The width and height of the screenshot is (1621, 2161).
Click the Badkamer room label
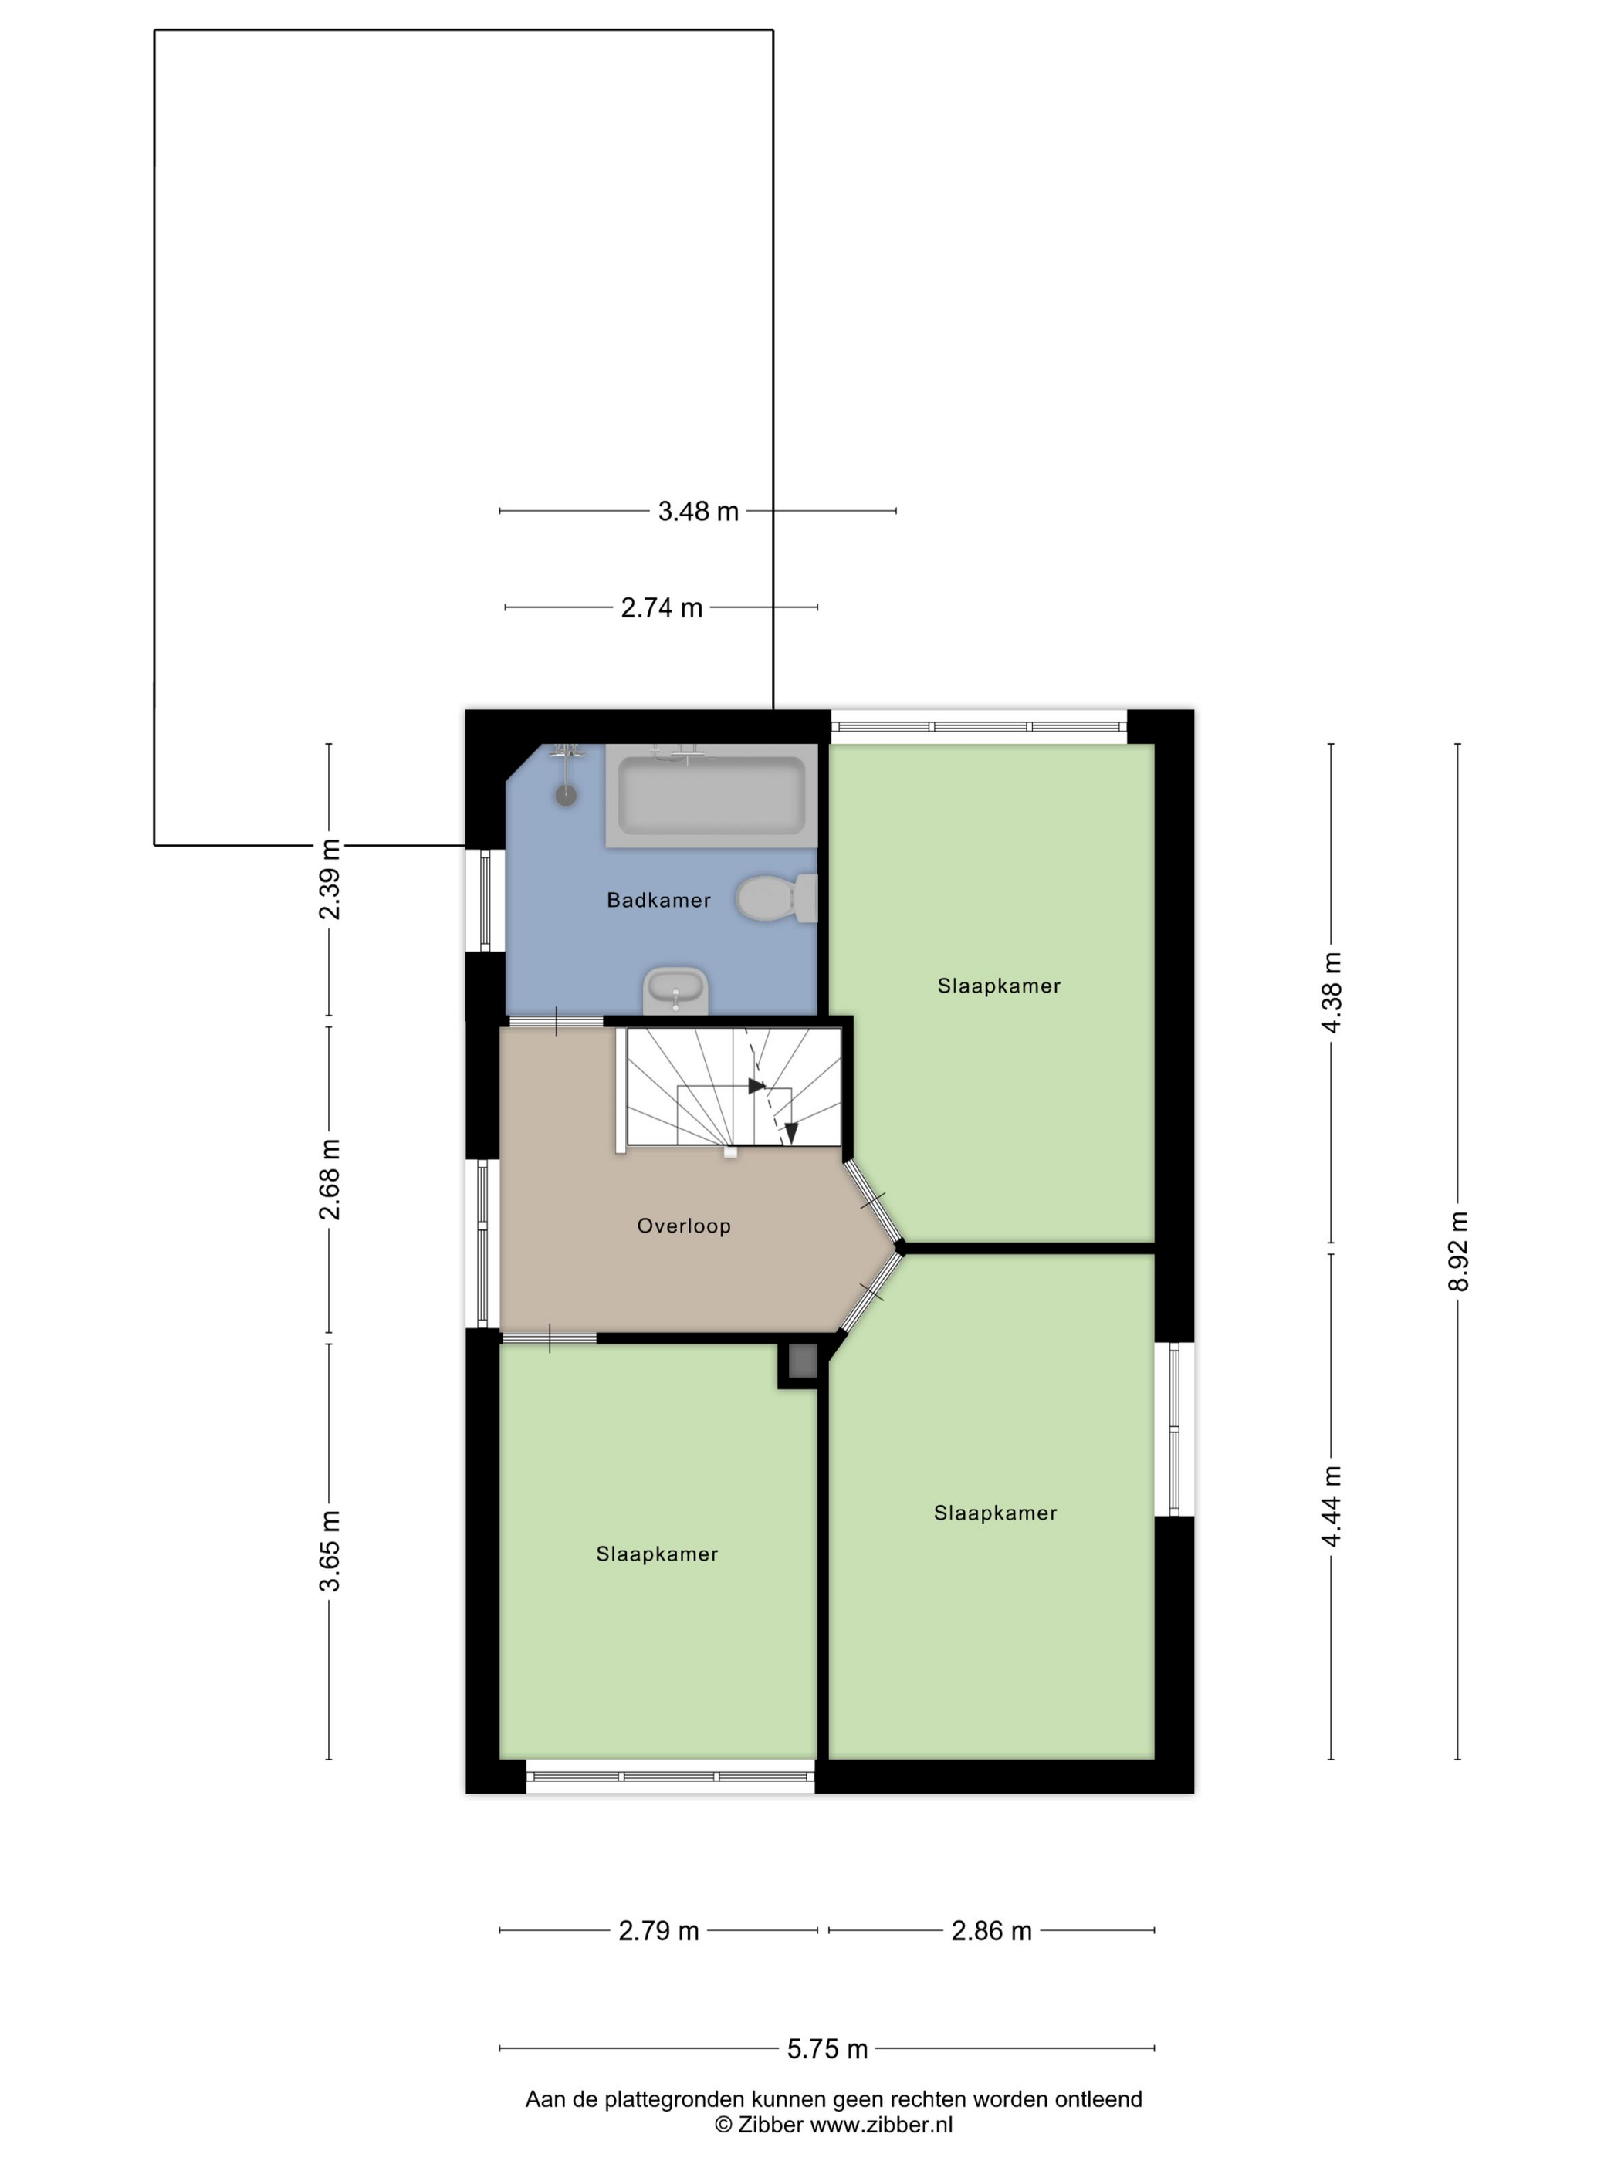click(x=658, y=900)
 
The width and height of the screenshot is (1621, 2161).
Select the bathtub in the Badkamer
click(x=712, y=794)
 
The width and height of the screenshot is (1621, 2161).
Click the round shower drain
click(x=566, y=795)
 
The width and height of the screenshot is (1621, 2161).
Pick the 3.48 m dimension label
click(x=698, y=511)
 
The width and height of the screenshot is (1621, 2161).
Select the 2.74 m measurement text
click(x=662, y=607)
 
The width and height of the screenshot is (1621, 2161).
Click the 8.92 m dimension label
click(x=1458, y=1252)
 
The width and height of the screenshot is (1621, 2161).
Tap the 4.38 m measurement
click(x=1331, y=992)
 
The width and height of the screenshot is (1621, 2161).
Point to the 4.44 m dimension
click(x=1331, y=1507)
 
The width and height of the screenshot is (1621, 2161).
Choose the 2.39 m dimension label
click(x=330, y=879)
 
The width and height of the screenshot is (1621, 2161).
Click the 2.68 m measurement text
click(x=330, y=1179)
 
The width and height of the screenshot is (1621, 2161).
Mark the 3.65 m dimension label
click(x=330, y=1551)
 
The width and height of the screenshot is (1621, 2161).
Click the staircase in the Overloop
click(x=733, y=1087)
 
